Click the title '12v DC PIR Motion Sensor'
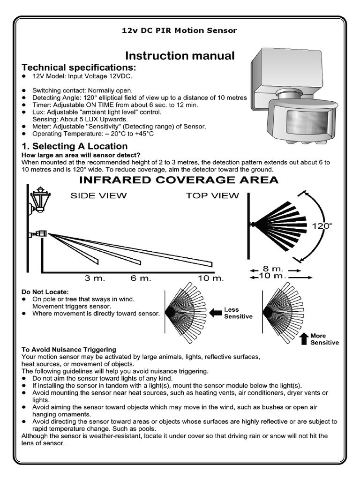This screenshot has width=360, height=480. coord(180,30)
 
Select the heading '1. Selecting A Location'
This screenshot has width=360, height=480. coord(75,146)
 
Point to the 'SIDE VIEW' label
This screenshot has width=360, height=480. coord(98,195)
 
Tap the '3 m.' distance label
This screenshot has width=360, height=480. coord(95,278)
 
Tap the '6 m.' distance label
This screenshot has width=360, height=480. coord(141,278)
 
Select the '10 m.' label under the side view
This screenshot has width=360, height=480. coord(211,278)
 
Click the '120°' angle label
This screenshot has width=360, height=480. coord(322,225)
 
